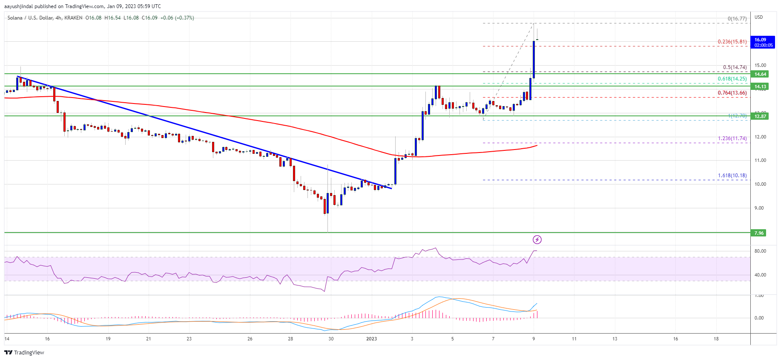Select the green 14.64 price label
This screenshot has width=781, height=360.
click(x=760, y=74)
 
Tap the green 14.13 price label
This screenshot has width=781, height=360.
click(x=760, y=86)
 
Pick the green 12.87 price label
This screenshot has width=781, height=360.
click(x=760, y=116)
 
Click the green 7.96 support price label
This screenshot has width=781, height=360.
click(x=759, y=233)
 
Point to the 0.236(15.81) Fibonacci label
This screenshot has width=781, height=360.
click(x=732, y=42)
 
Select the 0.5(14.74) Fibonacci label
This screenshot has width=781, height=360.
click(x=735, y=67)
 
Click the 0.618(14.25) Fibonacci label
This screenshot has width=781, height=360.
click(x=732, y=79)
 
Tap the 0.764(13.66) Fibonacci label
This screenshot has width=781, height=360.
click(x=732, y=93)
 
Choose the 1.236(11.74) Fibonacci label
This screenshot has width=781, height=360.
click(x=732, y=138)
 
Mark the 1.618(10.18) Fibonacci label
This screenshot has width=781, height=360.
click(x=732, y=176)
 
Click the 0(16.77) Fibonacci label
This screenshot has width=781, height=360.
click(x=737, y=19)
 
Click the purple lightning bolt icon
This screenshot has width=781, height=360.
click(x=537, y=240)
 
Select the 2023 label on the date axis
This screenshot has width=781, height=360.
click(x=371, y=339)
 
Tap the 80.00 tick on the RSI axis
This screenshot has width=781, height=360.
click(x=760, y=251)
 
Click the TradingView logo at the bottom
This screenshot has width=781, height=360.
click(x=24, y=352)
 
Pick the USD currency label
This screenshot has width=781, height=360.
click(x=758, y=17)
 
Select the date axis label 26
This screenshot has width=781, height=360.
click(x=250, y=339)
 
